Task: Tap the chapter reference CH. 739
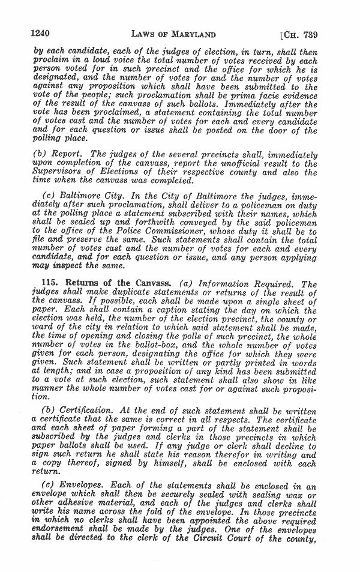(299, 34)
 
